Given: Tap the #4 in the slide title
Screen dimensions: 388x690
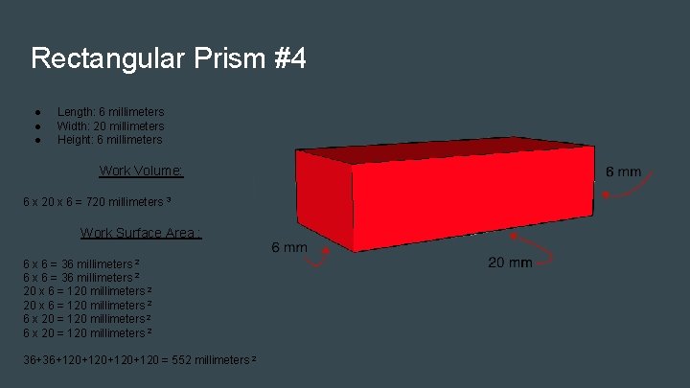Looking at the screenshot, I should point(289,59).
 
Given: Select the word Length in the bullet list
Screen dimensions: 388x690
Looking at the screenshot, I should point(75,112).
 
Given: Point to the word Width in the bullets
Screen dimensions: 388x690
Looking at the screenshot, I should point(73,126).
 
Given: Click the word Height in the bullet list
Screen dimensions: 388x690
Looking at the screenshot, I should point(76,140).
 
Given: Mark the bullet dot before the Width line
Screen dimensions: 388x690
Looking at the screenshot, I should point(35,126).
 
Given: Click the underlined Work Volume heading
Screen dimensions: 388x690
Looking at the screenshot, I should point(141,171).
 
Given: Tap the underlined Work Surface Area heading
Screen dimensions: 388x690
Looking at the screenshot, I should point(140,233).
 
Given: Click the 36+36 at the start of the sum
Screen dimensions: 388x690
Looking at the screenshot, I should point(42,359).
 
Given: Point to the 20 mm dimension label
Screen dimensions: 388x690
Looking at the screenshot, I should point(510,262).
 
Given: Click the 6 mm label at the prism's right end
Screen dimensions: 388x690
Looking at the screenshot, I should point(624,171).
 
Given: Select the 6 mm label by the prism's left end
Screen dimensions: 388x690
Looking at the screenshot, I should point(289,247).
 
